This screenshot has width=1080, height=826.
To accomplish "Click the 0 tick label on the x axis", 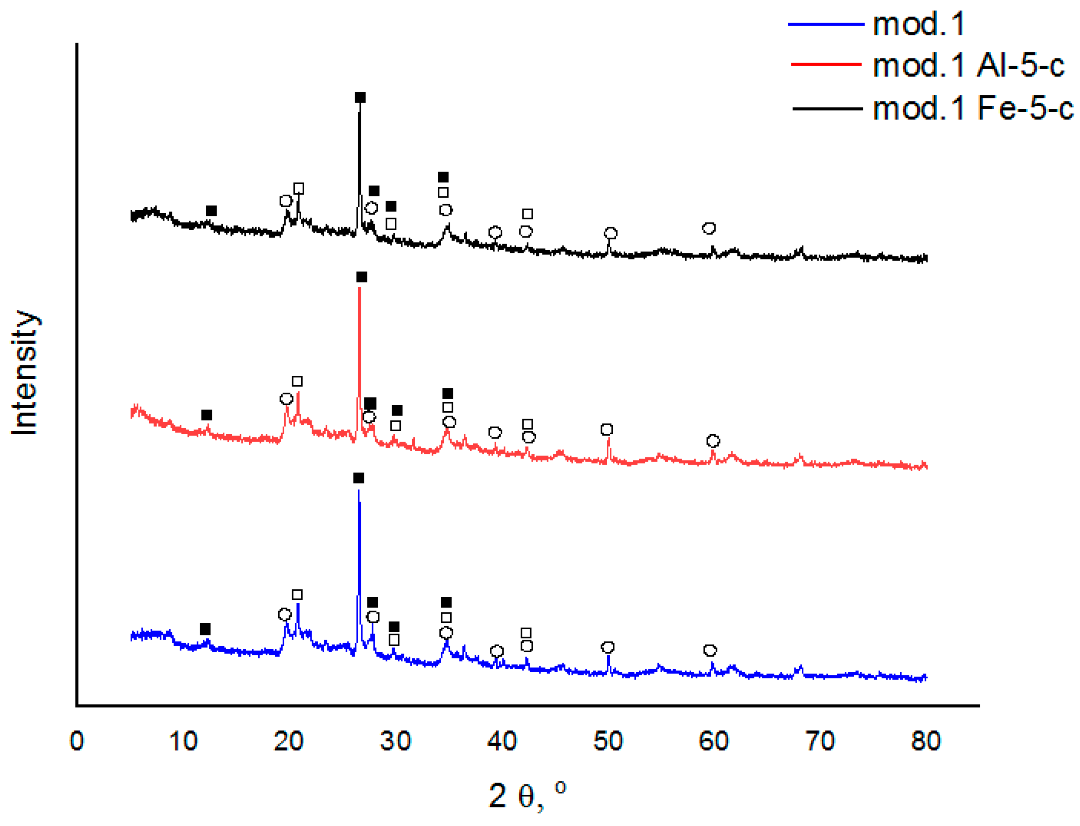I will pos(77,741).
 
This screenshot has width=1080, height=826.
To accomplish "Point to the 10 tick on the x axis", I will pos(183,741).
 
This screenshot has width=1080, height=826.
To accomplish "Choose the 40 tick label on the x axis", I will pos(501,741).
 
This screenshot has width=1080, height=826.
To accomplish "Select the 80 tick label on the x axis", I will pos(925,741).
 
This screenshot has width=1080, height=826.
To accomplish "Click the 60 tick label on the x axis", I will pos(713,741).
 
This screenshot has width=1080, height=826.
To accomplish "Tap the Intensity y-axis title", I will pos(25,372).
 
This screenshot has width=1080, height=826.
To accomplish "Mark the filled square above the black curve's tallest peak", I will pos(360,98).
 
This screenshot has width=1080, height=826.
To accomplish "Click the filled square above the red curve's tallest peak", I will pos(361,277).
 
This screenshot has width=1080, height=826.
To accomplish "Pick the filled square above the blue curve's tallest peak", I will pos(358,478).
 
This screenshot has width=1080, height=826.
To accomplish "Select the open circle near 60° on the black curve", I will pos(708,228).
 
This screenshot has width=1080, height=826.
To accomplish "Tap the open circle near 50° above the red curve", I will pos(607,430).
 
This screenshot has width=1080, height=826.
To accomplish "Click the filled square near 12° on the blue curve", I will pos(205,629).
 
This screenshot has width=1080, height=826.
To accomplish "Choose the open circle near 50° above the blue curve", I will pos(608,647).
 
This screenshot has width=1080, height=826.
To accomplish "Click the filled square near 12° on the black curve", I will pos(211,211).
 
